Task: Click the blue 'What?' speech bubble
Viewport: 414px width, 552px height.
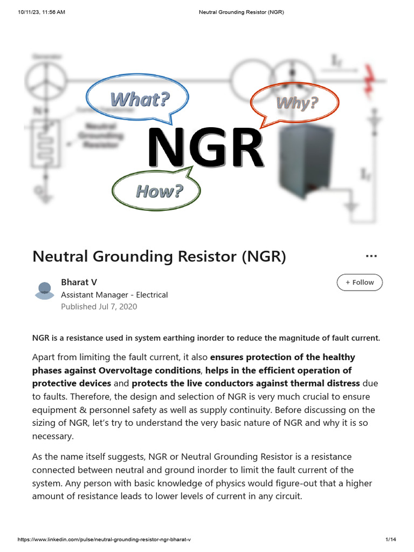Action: click(x=139, y=99)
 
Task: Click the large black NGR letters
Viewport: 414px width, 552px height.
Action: click(x=206, y=148)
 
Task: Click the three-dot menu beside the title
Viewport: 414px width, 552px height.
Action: click(x=371, y=256)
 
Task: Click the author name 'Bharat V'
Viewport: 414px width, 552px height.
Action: click(x=79, y=282)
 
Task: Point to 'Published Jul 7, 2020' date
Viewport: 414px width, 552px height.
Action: click(x=99, y=307)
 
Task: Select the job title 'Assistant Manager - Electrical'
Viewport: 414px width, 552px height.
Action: click(x=114, y=295)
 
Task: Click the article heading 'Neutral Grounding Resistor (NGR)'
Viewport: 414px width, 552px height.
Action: click(x=159, y=257)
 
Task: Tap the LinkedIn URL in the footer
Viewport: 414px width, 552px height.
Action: click(x=105, y=540)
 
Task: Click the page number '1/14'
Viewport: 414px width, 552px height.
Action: click(x=391, y=540)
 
